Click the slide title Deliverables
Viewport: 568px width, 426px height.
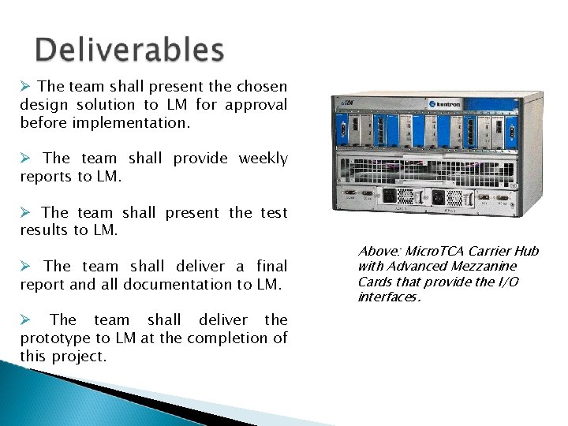point(130,50)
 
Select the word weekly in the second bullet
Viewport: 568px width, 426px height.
point(263,159)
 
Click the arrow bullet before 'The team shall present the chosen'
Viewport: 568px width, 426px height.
point(25,87)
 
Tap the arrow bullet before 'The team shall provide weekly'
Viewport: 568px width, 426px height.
point(25,159)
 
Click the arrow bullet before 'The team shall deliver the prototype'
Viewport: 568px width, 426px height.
point(25,320)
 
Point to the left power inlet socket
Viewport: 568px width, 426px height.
point(390,194)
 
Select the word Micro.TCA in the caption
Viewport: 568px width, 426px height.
point(437,252)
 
